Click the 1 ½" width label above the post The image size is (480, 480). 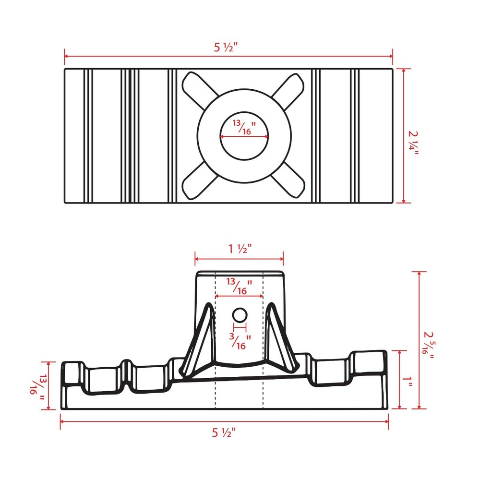[239, 249]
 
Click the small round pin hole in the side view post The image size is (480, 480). [239, 315]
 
